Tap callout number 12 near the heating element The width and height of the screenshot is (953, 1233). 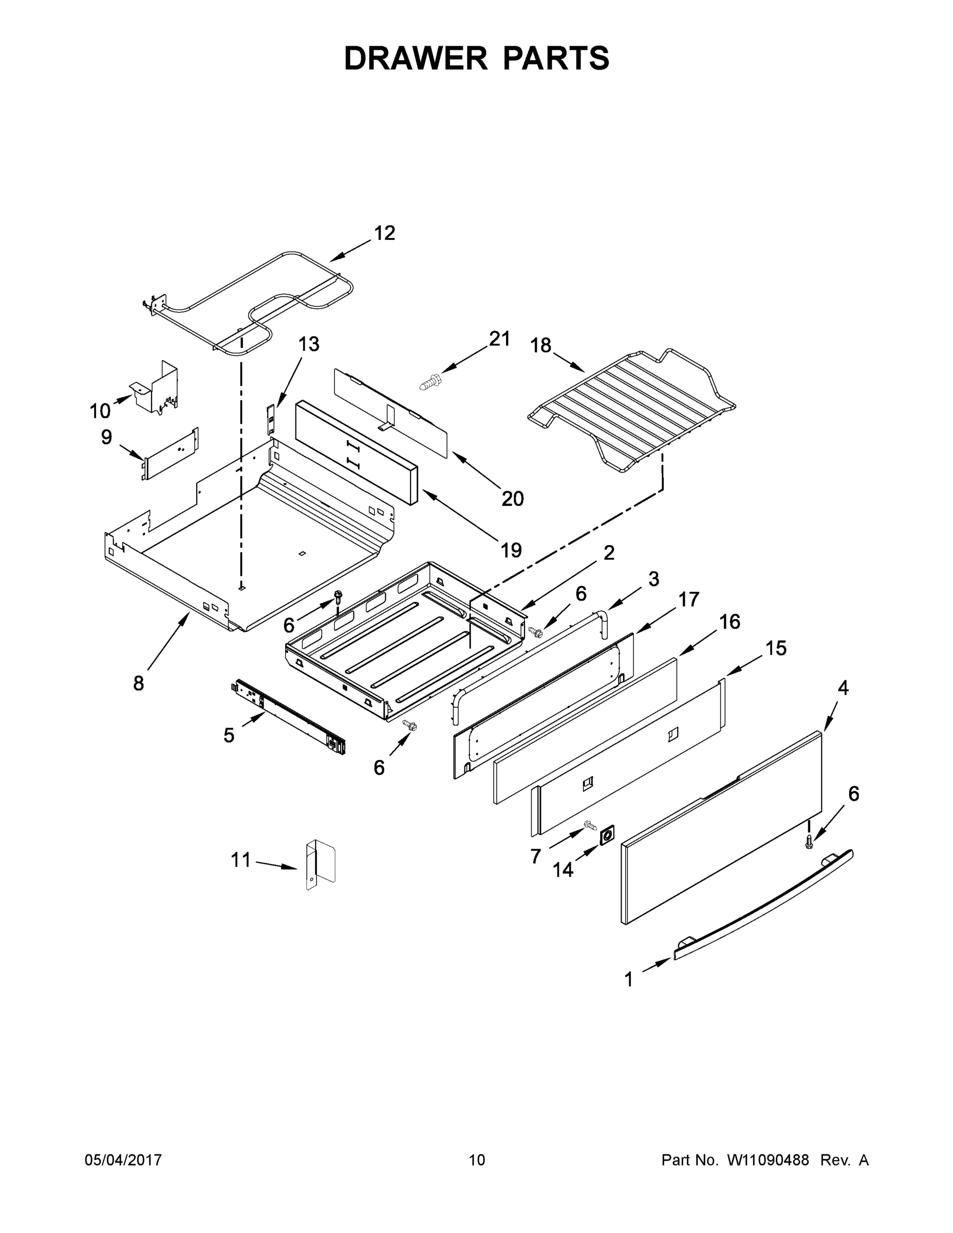click(x=384, y=233)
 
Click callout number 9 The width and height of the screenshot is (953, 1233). click(x=106, y=437)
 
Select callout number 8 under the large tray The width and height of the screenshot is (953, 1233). click(x=138, y=684)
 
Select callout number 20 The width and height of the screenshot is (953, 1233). click(x=513, y=498)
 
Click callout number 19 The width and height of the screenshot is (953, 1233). click(x=512, y=549)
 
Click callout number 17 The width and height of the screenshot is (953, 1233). click(x=688, y=599)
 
